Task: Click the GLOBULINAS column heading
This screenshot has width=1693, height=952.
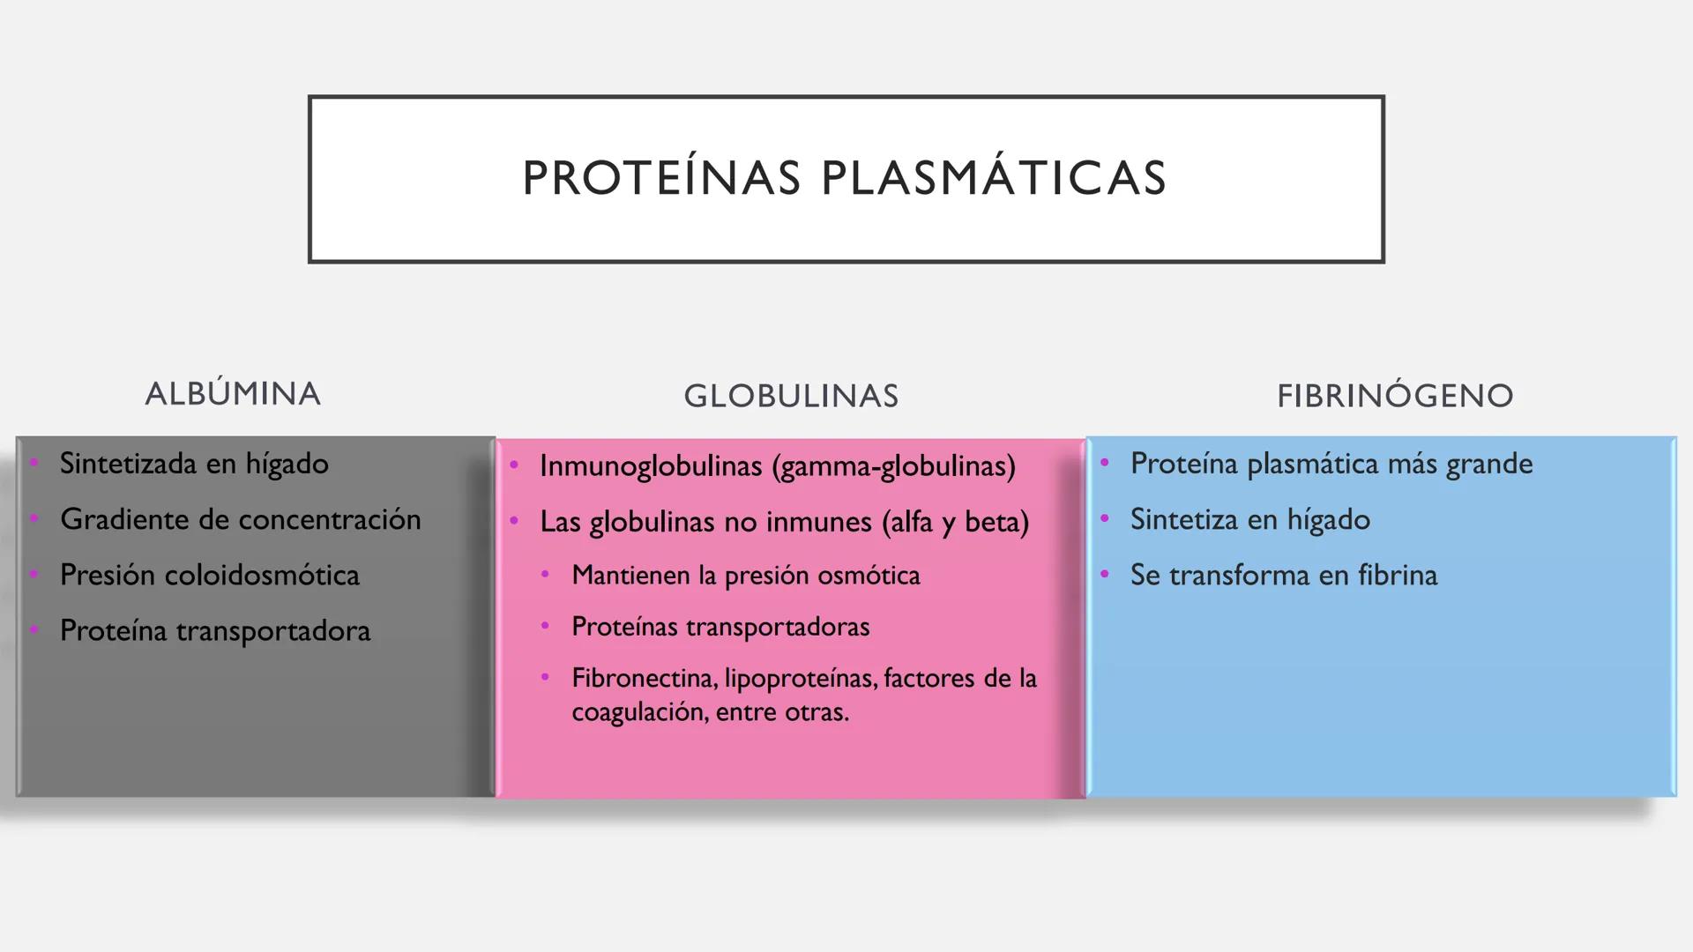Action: [791, 396]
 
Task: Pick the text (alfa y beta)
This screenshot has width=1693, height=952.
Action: [956, 522]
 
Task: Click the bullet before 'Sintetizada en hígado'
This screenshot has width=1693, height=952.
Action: [34, 462]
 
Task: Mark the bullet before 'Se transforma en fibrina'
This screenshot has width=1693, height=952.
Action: [1104, 574]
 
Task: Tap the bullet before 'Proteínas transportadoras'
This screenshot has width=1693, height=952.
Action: [545, 626]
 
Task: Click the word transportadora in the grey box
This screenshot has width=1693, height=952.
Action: [273, 631]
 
